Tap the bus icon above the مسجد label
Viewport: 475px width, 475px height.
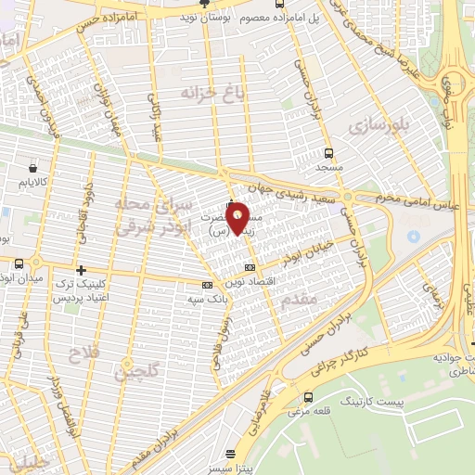pos(329,153)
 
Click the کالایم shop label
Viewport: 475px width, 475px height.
pos(35,185)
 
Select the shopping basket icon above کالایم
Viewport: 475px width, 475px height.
pos(34,170)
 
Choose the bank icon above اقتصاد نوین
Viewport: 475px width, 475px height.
pos(249,268)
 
